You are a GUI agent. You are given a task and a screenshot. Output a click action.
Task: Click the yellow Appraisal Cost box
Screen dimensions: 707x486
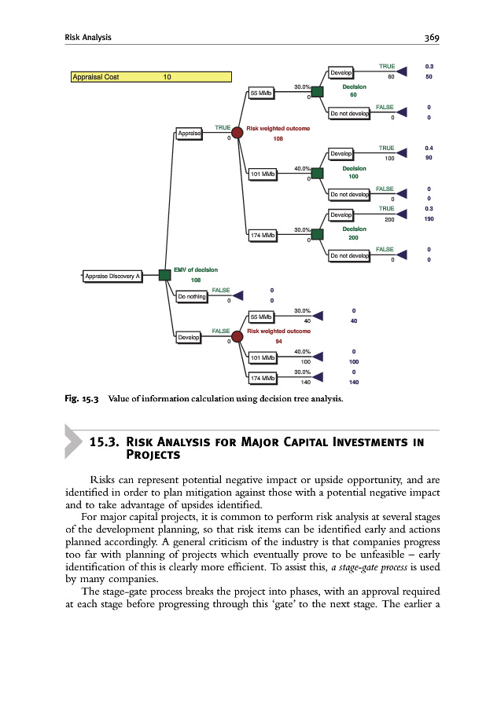[x=152, y=77]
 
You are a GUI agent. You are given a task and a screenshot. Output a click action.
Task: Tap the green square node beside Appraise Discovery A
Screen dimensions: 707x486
[x=164, y=275]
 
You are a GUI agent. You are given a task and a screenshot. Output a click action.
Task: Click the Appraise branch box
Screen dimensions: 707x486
[x=189, y=134]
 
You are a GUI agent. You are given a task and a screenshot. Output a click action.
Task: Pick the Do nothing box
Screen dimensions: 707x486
[x=191, y=297]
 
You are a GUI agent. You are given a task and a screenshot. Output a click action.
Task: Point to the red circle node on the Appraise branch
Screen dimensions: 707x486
[x=237, y=134]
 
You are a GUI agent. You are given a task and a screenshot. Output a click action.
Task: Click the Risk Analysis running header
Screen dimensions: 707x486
[x=88, y=37]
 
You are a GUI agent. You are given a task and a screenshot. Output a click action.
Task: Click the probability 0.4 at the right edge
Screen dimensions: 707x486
[x=429, y=148]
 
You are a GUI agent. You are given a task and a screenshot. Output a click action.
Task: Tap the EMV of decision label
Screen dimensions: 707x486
[x=196, y=269]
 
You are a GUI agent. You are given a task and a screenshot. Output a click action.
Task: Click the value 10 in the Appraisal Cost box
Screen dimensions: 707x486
[x=167, y=77]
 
